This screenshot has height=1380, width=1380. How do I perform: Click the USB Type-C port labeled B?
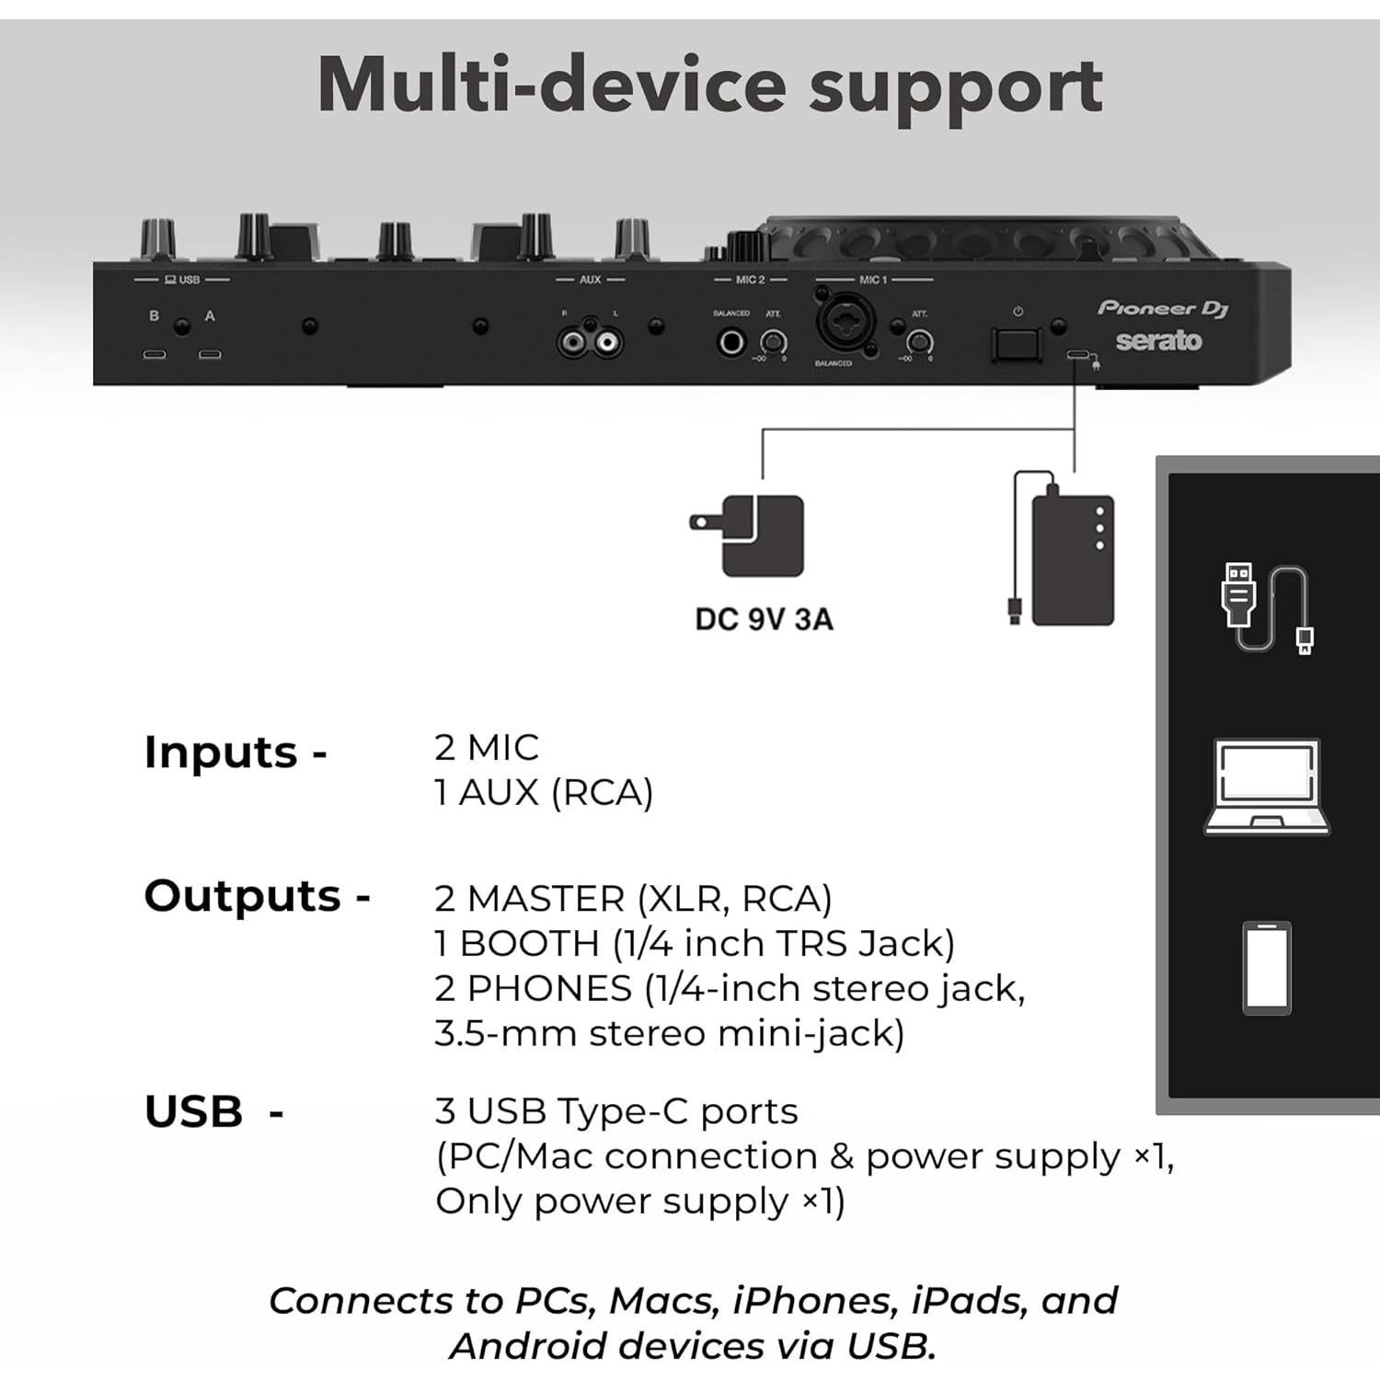pyautogui.click(x=154, y=354)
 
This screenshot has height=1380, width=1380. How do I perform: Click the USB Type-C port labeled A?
pyautogui.click(x=210, y=354)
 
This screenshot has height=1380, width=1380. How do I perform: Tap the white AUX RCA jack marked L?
pyautogui.click(x=605, y=344)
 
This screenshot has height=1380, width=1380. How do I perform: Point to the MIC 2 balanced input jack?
pyautogui.click(x=731, y=343)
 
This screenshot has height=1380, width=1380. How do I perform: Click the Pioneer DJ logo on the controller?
pyautogui.click(x=1163, y=308)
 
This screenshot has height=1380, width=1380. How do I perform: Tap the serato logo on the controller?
pyautogui.click(x=1158, y=341)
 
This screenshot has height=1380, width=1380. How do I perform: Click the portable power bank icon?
pyautogui.click(x=1072, y=559)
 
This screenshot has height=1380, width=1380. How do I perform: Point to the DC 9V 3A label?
pyautogui.click(x=764, y=619)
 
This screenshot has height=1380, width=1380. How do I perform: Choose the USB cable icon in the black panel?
pyautogui.click(x=1266, y=608)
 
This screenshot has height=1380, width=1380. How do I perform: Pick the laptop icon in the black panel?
pyautogui.click(x=1267, y=788)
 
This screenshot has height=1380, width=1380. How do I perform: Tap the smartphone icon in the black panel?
pyautogui.click(x=1267, y=968)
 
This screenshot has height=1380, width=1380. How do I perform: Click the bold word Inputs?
pyautogui.click(x=221, y=753)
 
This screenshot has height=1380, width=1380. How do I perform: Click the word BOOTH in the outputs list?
pyautogui.click(x=529, y=944)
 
